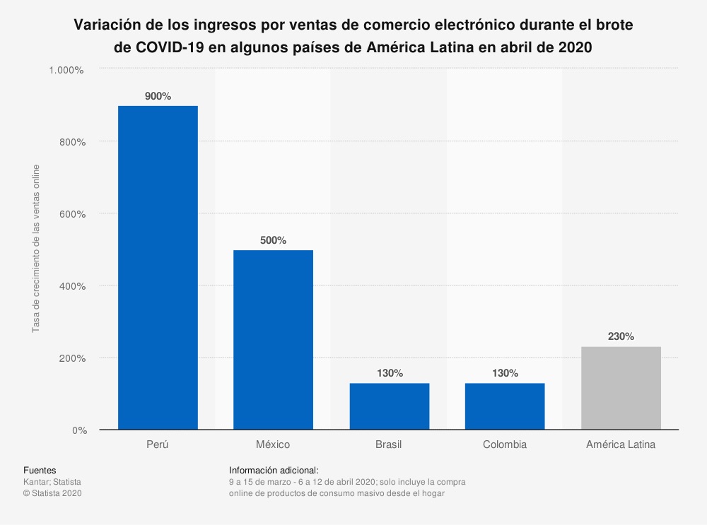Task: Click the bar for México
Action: tap(273, 339)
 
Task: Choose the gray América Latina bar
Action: tap(621, 388)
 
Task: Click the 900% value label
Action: tap(158, 96)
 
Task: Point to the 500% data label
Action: tap(273, 240)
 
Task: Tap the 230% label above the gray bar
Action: tap(621, 336)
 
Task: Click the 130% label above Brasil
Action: tap(389, 372)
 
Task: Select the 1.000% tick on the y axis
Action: tap(66, 70)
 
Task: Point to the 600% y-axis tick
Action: tap(72, 214)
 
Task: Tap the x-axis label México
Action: tap(273, 445)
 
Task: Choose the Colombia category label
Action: tap(505, 445)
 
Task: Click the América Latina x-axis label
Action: tap(621, 445)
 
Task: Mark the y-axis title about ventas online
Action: tap(35, 249)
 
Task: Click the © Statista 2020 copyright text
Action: tap(53, 493)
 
